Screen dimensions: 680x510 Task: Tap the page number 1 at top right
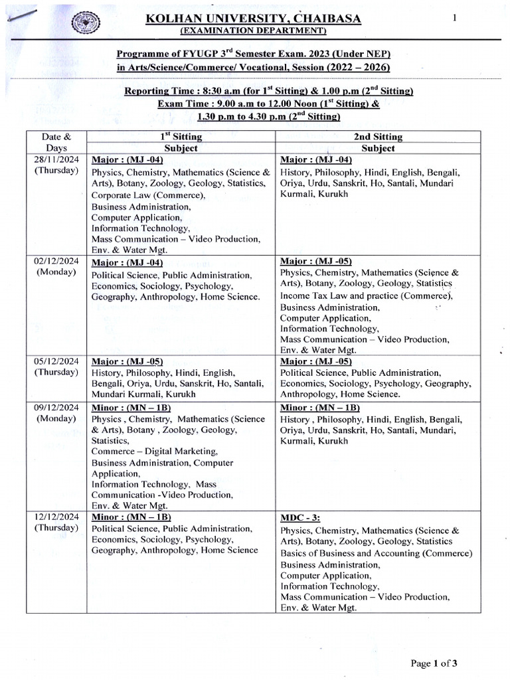point(455,19)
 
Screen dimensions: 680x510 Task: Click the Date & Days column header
point(56,143)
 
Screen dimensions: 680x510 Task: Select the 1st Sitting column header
point(181,137)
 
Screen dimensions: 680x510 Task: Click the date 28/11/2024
point(57,160)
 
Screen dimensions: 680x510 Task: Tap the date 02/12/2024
point(57,261)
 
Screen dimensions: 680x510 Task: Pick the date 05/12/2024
point(57,361)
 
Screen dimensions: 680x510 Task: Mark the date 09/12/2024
point(57,407)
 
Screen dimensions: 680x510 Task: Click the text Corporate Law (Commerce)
point(148,195)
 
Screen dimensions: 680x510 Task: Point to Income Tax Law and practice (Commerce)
point(365,296)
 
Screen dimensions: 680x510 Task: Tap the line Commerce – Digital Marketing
point(149,451)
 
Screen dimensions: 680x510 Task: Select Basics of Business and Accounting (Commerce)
point(376,553)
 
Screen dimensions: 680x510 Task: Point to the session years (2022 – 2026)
point(358,68)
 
